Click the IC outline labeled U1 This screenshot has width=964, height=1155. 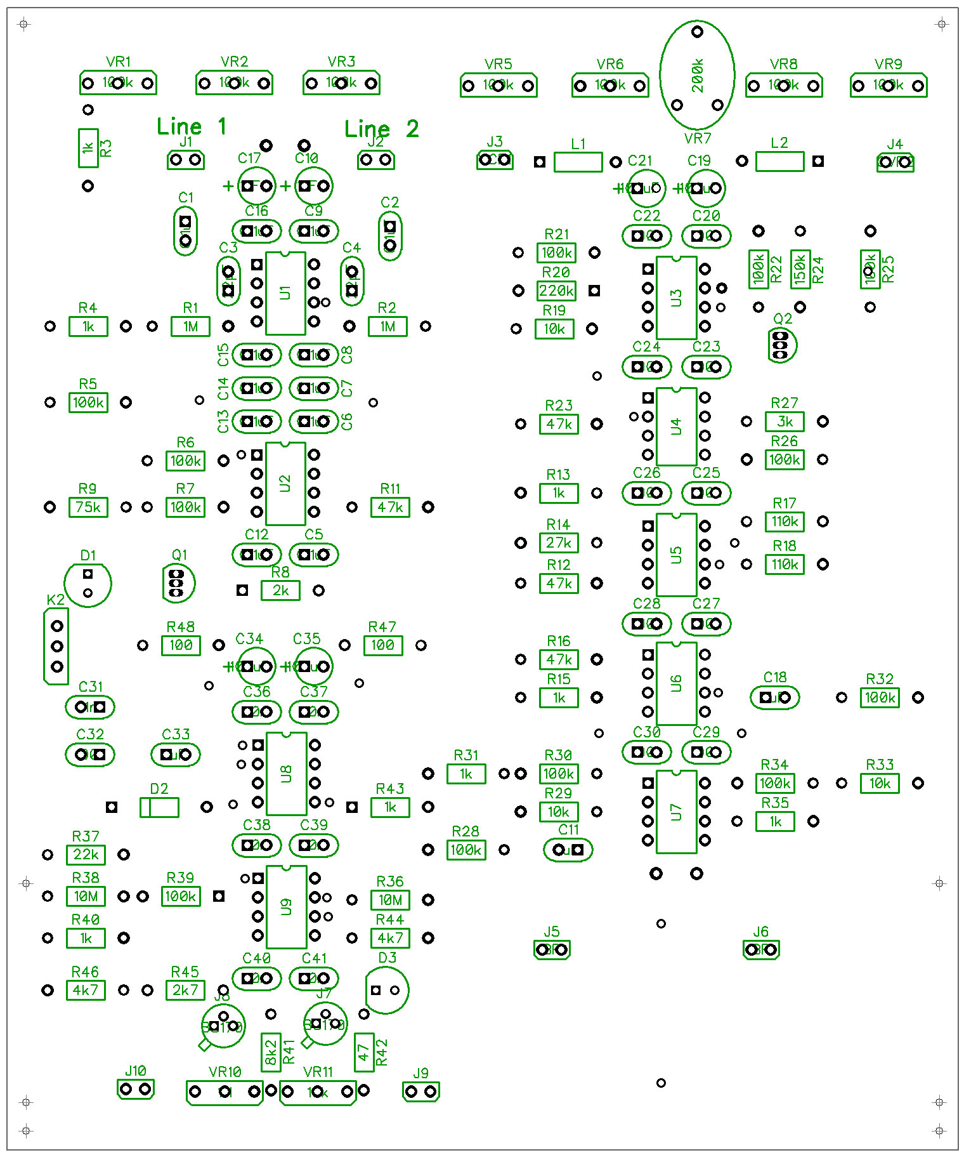click(x=285, y=293)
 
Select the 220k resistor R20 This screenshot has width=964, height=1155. click(x=556, y=291)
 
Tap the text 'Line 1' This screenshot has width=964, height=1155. click(x=192, y=127)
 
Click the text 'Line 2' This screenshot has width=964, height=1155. click(x=381, y=129)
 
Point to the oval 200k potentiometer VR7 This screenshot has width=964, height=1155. click(x=697, y=75)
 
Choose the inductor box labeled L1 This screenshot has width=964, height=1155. click(x=578, y=162)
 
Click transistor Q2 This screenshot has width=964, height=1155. click(x=781, y=345)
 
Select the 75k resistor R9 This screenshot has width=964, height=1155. click(x=88, y=507)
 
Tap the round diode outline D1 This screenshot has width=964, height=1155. click(x=88, y=583)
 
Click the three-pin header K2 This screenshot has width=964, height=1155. click(x=56, y=646)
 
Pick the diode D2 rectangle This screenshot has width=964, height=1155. click(x=159, y=807)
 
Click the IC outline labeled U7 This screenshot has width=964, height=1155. click(x=676, y=812)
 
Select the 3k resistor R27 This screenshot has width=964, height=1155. click(x=785, y=421)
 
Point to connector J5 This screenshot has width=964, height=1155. click(x=552, y=949)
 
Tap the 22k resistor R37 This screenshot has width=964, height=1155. click(x=86, y=855)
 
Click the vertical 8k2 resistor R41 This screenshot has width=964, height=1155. click(x=271, y=1052)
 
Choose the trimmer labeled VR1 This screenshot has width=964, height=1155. click(x=118, y=82)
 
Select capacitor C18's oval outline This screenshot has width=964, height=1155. click(x=774, y=697)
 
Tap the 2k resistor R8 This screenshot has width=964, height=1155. click(x=280, y=591)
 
